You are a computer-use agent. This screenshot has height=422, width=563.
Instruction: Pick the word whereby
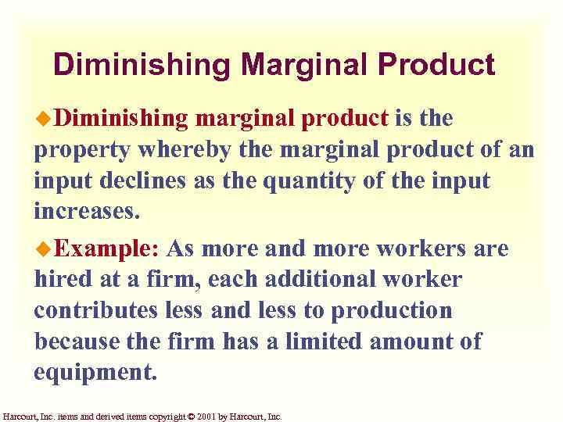tap(181, 149)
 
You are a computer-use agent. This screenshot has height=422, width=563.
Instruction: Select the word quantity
tap(300, 181)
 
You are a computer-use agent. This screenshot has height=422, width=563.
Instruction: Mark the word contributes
tap(94, 310)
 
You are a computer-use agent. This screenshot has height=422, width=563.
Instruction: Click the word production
tap(392, 311)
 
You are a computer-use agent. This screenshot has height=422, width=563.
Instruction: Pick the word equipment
tap(95, 372)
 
